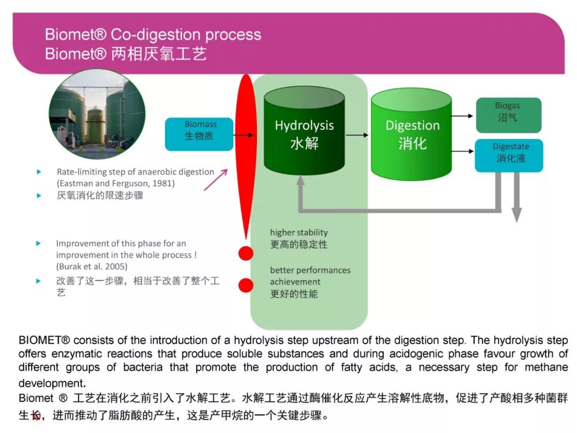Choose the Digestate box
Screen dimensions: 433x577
(x=509, y=155)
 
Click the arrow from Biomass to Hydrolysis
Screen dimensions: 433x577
(x=244, y=135)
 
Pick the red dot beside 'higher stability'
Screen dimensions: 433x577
(x=246, y=253)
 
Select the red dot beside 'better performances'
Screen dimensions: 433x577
(x=246, y=285)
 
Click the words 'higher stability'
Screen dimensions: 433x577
(x=299, y=233)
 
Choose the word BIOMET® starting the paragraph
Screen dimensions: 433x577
(x=44, y=341)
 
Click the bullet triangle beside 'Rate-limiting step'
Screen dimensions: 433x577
(x=38, y=172)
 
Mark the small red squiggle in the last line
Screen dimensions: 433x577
(x=36, y=417)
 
